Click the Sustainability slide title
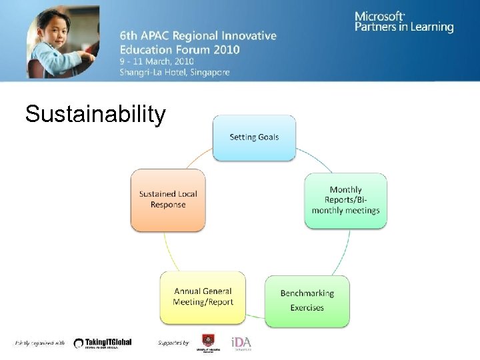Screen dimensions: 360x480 click(x=95, y=114)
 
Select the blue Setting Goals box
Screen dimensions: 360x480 click(x=254, y=137)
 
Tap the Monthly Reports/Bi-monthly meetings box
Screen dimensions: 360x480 click(x=345, y=200)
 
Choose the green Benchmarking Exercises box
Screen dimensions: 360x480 click(x=307, y=301)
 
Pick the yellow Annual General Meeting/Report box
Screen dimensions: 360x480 click(x=203, y=297)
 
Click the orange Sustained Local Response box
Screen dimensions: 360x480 click(x=168, y=199)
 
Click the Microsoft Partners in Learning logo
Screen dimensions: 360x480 click(x=404, y=21)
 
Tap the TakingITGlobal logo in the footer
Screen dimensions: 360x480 click(x=103, y=343)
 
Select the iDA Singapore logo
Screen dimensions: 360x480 click(x=241, y=343)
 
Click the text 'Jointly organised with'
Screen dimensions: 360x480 click(x=40, y=343)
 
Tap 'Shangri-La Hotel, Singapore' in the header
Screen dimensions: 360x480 click(x=175, y=72)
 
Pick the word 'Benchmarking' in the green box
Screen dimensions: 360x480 click(x=307, y=293)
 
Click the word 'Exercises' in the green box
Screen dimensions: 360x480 click(x=307, y=308)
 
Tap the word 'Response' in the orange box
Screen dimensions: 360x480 click(x=168, y=205)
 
